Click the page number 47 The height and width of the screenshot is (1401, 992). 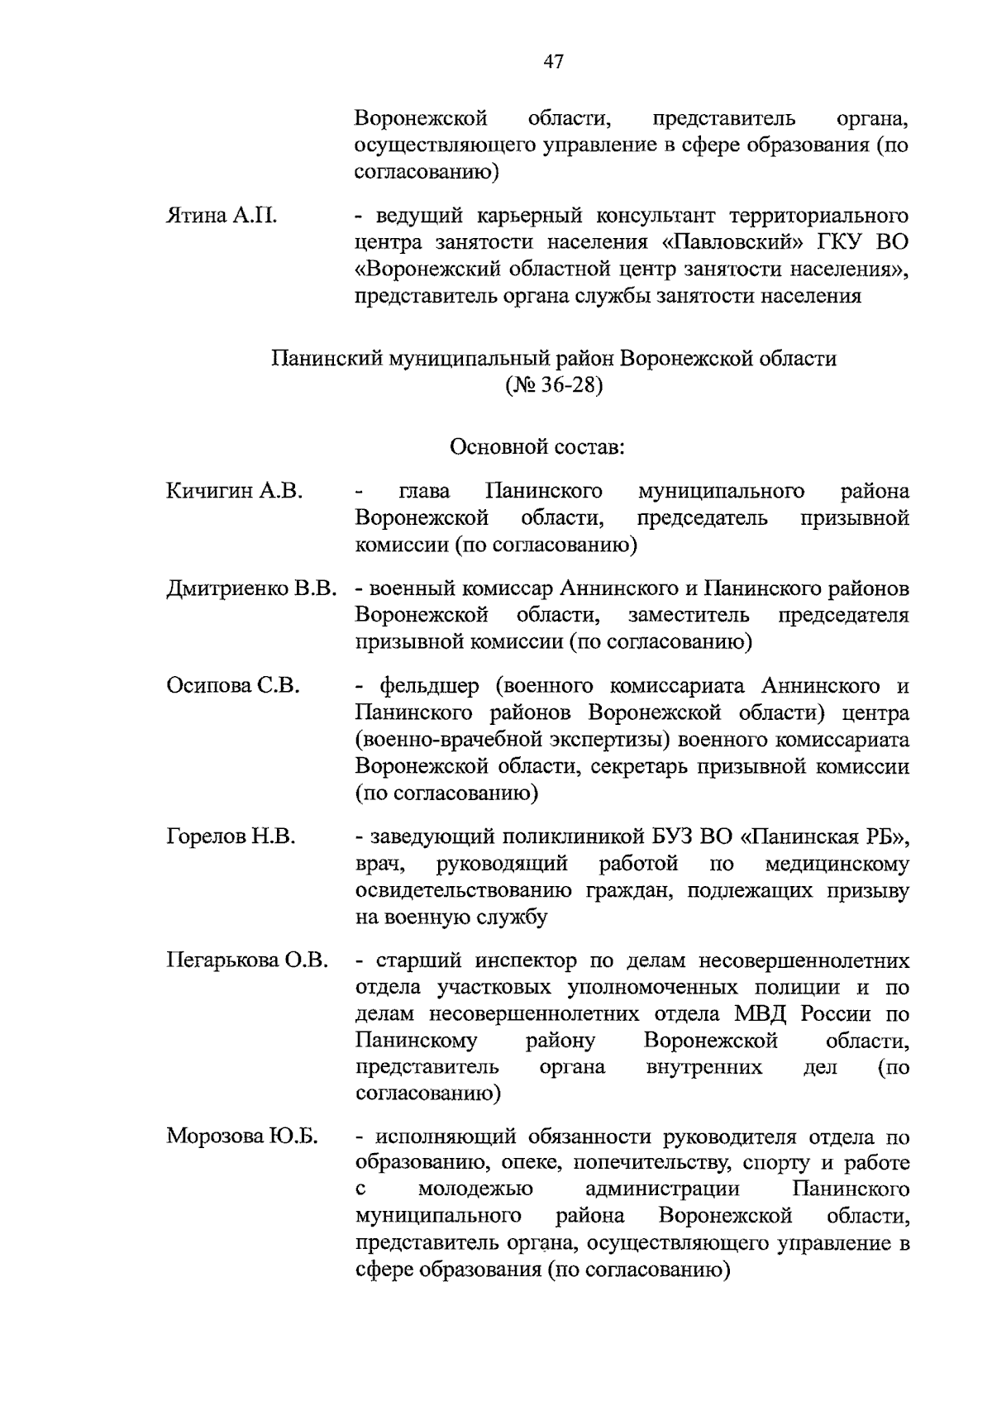554,61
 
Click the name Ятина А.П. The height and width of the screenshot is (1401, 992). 222,217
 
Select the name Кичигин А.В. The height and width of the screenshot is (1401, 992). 234,492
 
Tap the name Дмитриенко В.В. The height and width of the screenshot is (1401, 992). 251,589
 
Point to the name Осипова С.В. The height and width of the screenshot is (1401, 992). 232,686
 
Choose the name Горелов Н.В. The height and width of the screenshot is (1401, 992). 231,837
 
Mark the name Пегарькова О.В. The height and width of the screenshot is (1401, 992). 247,961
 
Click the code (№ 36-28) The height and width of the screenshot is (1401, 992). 554,386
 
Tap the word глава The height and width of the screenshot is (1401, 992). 424,492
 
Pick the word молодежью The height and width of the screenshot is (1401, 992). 475,1189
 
